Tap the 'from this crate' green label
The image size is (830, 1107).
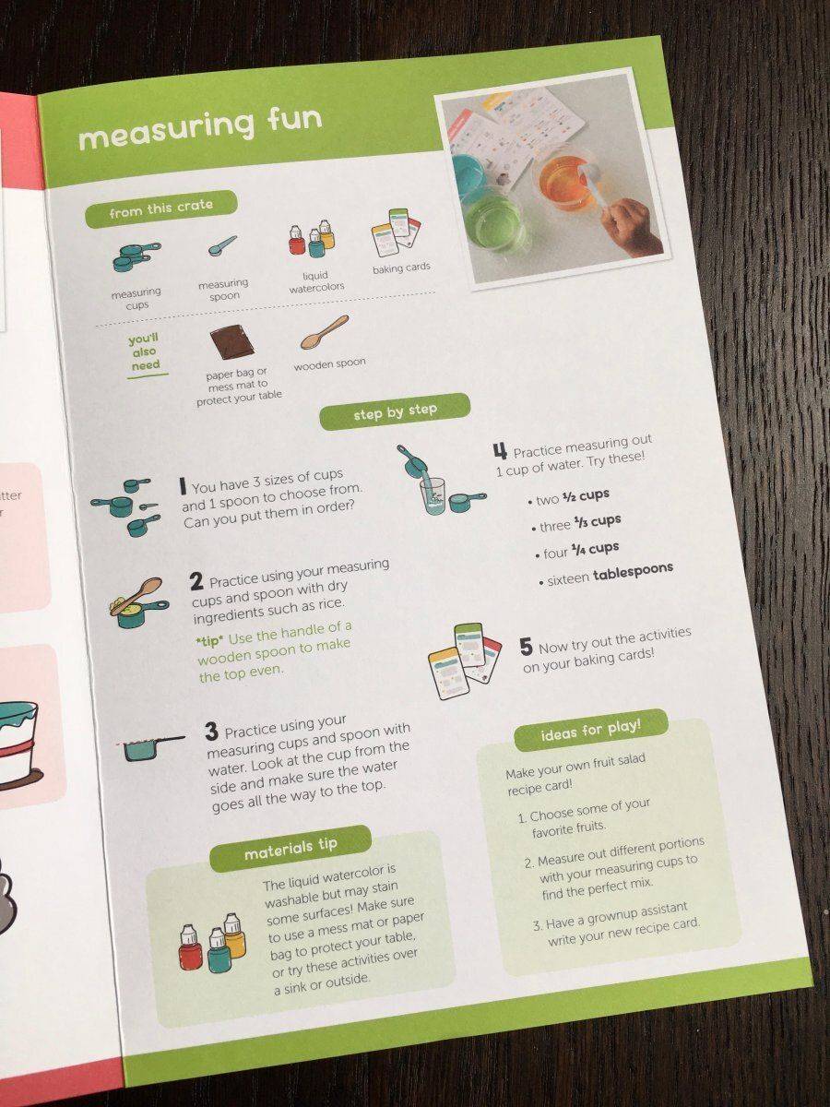(x=160, y=208)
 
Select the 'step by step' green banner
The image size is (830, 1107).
(x=395, y=412)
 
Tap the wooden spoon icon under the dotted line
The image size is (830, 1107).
(x=325, y=333)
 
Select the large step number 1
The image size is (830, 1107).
(x=183, y=485)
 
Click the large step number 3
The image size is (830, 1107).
(x=212, y=732)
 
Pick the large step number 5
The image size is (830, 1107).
(x=526, y=648)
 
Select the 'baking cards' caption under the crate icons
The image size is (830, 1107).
(x=401, y=268)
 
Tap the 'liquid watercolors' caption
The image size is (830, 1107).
(x=316, y=282)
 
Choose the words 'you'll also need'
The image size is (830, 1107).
(x=145, y=352)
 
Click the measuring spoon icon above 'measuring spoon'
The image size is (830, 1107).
(x=222, y=245)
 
